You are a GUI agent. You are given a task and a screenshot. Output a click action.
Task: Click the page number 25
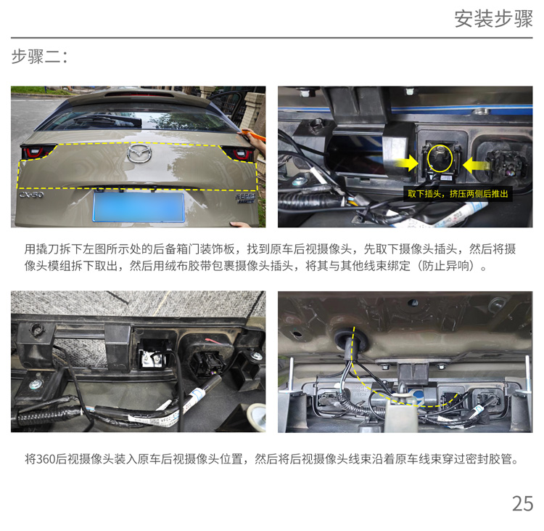(x=522, y=503)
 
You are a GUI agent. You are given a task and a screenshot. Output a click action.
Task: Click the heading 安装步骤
(x=493, y=19)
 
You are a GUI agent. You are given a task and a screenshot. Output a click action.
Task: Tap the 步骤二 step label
(x=39, y=57)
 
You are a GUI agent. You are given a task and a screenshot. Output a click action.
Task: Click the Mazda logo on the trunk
(x=139, y=153)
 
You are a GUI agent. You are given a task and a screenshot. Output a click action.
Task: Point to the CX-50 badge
(x=31, y=195)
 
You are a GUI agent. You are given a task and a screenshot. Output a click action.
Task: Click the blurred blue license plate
(x=139, y=207)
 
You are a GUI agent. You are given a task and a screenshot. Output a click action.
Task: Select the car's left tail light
(x=37, y=153)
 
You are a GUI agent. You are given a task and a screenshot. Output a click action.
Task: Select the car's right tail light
(x=239, y=153)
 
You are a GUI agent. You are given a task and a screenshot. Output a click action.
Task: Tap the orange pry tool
(x=252, y=134)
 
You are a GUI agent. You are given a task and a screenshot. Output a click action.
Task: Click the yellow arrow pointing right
(x=407, y=163)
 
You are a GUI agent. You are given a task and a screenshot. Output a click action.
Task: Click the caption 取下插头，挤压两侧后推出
(x=458, y=193)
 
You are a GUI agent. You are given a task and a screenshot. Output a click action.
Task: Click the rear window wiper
(x=107, y=121)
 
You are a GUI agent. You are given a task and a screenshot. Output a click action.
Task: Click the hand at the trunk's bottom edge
(x=241, y=224)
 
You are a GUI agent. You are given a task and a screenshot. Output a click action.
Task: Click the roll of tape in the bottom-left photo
(x=257, y=416)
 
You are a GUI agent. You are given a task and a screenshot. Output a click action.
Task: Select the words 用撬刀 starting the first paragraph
(x=41, y=249)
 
